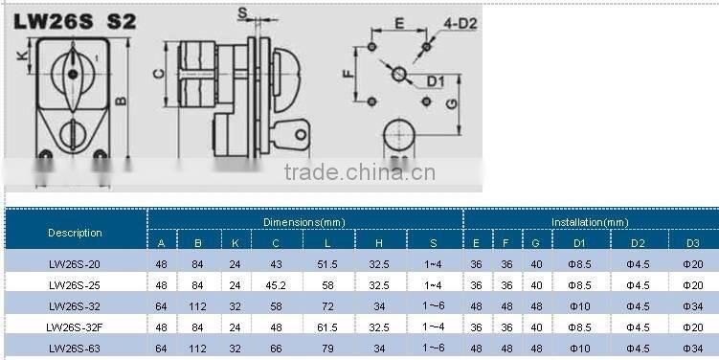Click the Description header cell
click(75, 233)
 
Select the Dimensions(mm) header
click(303, 222)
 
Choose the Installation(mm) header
click(589, 222)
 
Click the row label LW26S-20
click(75, 264)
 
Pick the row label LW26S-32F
click(75, 327)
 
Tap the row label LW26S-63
click(75, 349)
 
